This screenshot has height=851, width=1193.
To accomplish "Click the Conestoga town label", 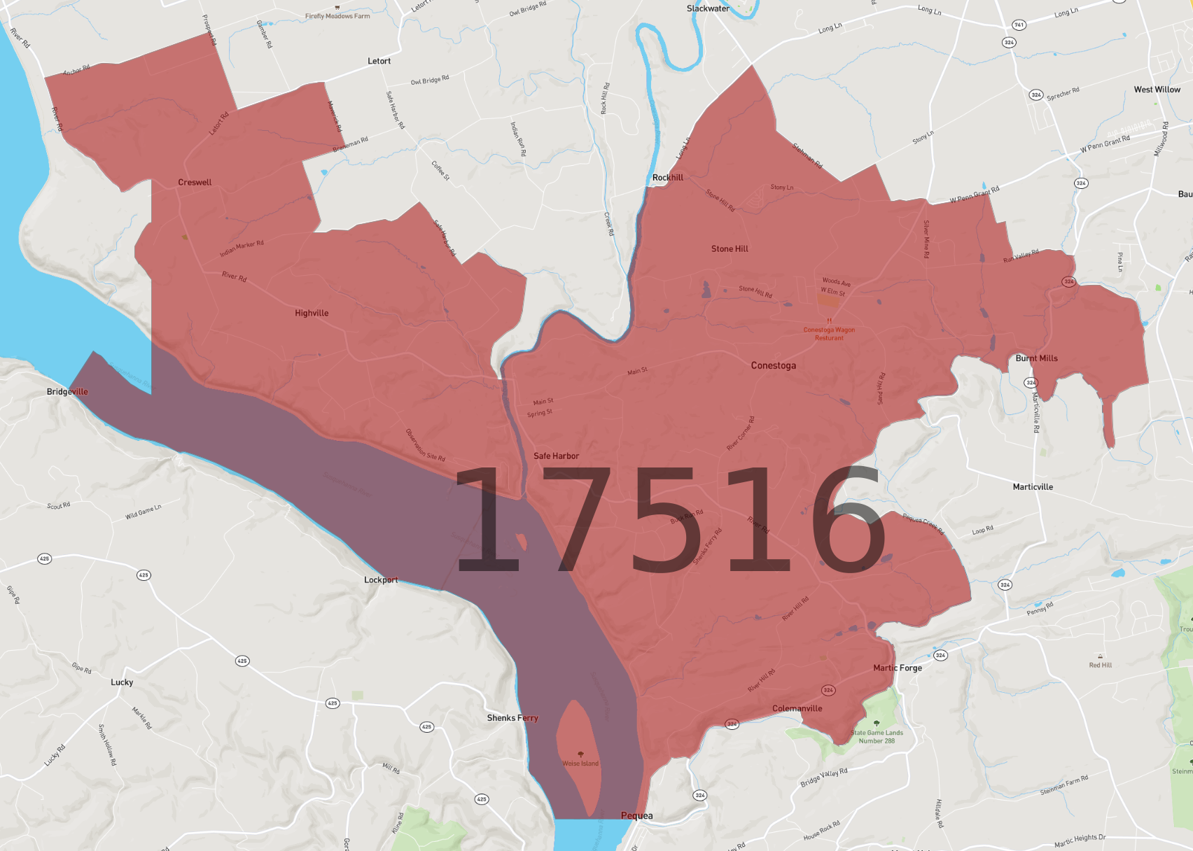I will pos(773,365).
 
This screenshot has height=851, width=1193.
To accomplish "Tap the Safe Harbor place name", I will pos(556,456).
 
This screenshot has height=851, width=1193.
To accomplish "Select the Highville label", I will pos(312,314).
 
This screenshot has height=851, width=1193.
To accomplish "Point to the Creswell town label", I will pos(195,183).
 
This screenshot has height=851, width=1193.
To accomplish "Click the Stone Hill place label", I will pos(730,249).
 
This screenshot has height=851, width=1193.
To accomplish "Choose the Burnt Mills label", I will pos(1036,358).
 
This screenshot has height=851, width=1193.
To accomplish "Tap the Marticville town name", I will pos(1033,487).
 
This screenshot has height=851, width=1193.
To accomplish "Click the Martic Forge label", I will pos(897,668).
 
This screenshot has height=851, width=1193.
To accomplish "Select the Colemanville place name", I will pos(797,709).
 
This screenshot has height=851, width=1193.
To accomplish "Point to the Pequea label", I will pos(636,816).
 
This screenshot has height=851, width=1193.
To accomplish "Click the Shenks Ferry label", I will pos(512,718).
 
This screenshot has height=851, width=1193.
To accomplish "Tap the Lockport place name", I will pos(381,580).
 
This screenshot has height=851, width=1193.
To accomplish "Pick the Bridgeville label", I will pos(67,392).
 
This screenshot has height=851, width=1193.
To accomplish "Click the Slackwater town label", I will pos(708,9).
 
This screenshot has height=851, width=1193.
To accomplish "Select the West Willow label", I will pos(1157,90).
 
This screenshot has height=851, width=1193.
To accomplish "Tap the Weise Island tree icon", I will pos(580,754).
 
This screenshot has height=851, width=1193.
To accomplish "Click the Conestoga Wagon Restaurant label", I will pos(829,334).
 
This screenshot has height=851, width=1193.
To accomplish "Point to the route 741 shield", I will pos(1019,25).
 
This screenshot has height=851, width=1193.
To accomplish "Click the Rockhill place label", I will pos(667,178).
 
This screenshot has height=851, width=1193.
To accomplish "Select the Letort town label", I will pos(379,62).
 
